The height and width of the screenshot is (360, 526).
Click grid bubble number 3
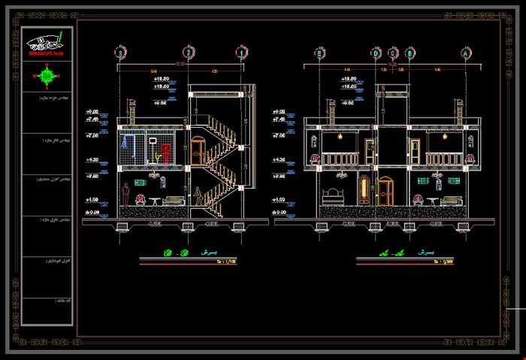coord(119,53)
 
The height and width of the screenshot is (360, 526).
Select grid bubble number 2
coord(189,53)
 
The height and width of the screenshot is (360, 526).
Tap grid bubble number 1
coord(240,53)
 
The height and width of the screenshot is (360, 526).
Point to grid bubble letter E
coord(320,53)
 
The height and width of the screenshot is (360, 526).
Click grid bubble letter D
coord(376,53)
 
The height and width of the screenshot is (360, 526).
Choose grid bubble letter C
coord(393,53)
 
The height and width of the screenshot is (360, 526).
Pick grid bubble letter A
coord(466,53)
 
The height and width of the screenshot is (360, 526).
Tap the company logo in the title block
coord(47,45)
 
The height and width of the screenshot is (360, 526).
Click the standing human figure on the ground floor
coord(125,195)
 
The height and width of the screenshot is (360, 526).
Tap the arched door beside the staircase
coord(198,150)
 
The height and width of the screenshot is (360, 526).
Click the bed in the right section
coord(331,197)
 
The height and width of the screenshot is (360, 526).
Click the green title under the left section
coord(158,253)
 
